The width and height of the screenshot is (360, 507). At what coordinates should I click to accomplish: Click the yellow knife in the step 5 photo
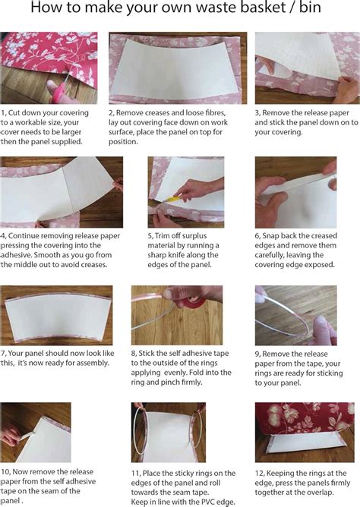(171, 199)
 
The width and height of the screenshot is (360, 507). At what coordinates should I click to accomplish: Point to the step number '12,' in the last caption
(260, 474)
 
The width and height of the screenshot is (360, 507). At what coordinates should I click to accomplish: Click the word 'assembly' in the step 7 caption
(94, 363)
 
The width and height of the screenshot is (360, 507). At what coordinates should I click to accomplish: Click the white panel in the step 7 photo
(58, 315)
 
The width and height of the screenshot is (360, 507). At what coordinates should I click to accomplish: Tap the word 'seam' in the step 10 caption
(59, 491)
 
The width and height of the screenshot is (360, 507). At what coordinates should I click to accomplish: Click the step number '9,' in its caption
(257, 354)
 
